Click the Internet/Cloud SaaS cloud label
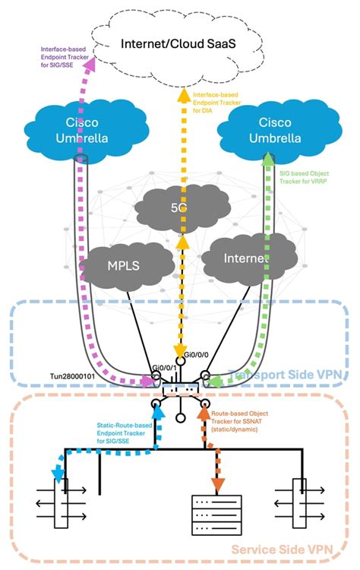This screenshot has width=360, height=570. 180,43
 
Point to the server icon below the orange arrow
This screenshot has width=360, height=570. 217,518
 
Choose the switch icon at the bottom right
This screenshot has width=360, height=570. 302,502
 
